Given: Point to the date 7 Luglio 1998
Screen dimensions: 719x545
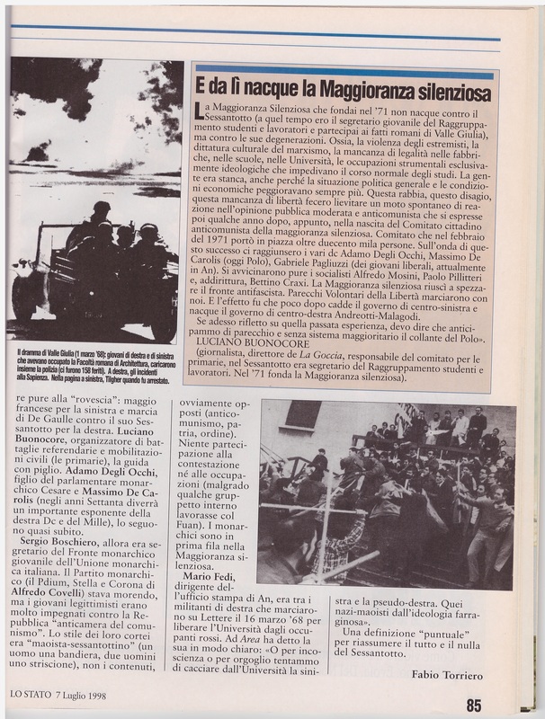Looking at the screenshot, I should [x=95, y=693].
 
